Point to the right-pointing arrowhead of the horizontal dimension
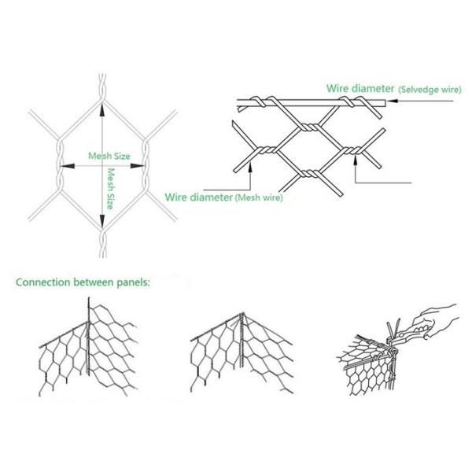click(142, 165)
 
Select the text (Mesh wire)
click(259, 198)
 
